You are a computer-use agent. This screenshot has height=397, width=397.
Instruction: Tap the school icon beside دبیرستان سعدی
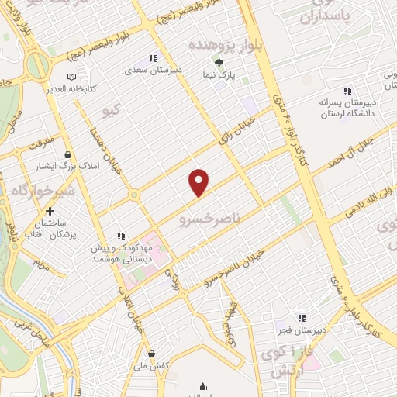[154, 58]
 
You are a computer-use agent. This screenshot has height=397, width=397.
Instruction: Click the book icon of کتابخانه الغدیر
[72, 77]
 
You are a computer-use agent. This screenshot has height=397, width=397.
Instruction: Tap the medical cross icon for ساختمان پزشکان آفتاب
[50, 211]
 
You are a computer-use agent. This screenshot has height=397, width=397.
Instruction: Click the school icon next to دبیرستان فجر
[302, 317]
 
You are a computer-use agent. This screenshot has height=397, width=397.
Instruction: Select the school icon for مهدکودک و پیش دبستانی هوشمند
[121, 236]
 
